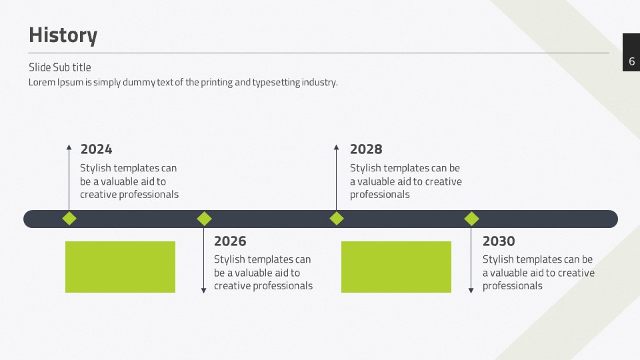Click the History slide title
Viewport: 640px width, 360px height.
click(x=63, y=35)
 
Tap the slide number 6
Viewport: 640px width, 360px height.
click(x=631, y=61)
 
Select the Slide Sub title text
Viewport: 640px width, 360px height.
click(x=59, y=67)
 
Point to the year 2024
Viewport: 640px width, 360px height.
click(x=96, y=149)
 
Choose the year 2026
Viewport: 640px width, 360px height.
click(x=230, y=241)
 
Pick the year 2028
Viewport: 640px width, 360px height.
click(x=366, y=149)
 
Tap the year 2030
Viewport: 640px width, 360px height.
click(x=499, y=241)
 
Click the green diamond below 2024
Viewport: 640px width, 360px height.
click(x=69, y=219)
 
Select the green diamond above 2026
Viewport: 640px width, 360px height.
click(x=204, y=219)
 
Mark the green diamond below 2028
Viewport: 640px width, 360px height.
click(x=336, y=219)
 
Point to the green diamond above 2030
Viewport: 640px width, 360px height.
click(x=471, y=219)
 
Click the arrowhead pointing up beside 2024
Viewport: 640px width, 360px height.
click(x=69, y=147)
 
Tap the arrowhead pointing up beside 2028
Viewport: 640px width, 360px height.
click(x=336, y=147)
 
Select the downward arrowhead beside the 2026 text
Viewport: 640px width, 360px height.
click(x=204, y=291)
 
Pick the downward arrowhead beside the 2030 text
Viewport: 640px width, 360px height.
click(x=471, y=291)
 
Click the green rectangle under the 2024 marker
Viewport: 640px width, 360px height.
click(x=121, y=267)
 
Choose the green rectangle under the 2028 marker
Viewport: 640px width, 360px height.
click(x=396, y=267)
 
